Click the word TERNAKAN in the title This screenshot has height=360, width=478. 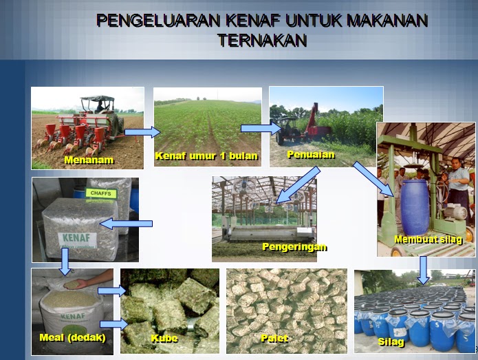point(262,41)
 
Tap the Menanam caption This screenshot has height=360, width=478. point(89,160)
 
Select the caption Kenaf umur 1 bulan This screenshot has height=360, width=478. point(206,156)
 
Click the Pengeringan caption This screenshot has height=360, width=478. point(294,246)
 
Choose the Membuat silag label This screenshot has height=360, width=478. point(426,240)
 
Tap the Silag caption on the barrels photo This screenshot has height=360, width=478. point(391,341)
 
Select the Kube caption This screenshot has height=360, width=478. point(164,338)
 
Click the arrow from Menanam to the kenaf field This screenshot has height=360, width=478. point(144,132)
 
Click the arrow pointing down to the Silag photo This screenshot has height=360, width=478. point(424,270)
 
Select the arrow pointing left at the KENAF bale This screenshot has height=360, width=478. point(127,224)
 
